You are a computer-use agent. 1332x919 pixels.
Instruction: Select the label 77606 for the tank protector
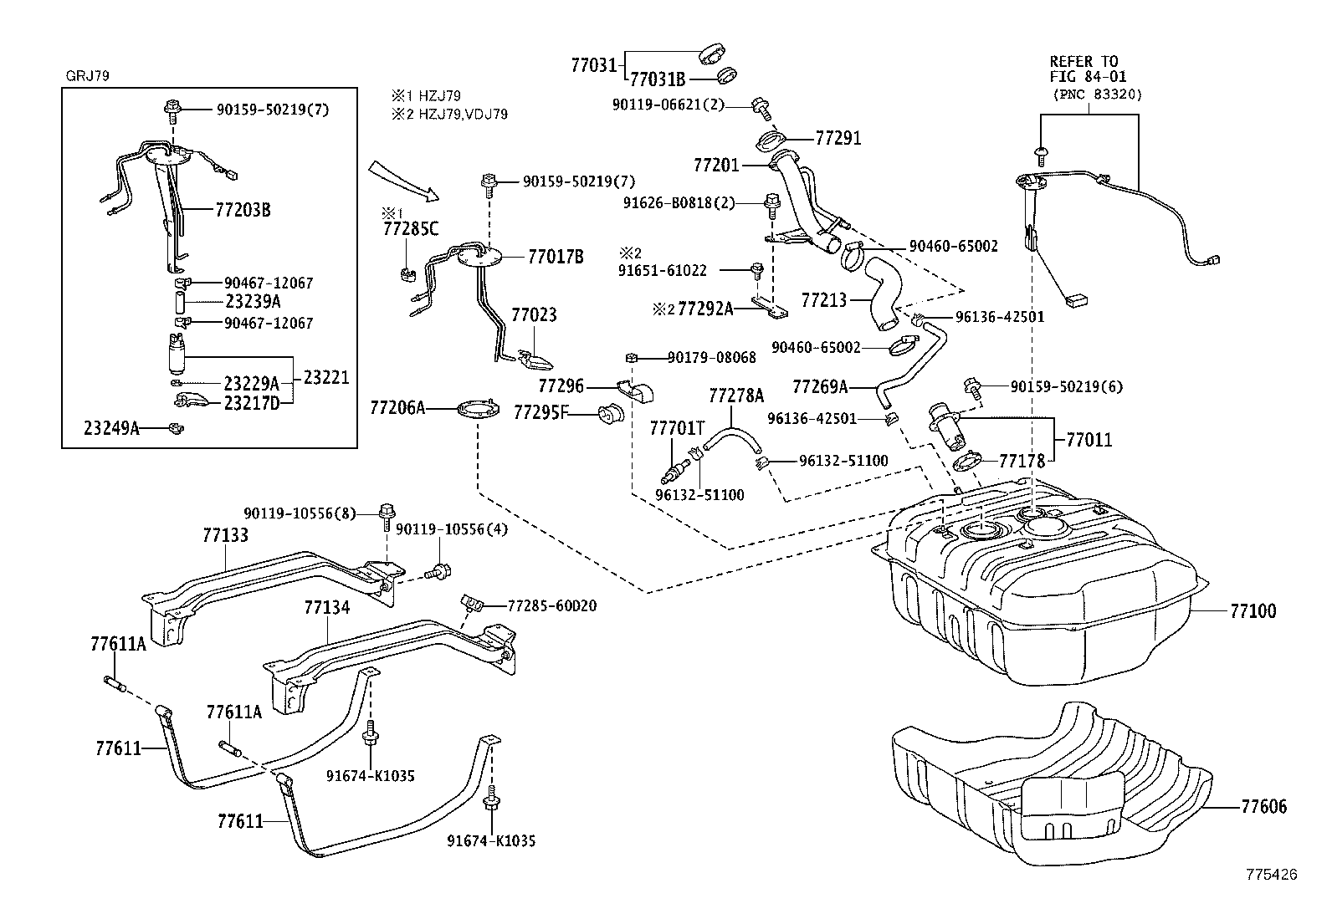click(1263, 807)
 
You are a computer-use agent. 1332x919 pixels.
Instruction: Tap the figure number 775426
click(1271, 875)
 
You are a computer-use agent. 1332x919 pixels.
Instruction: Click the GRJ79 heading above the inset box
click(87, 75)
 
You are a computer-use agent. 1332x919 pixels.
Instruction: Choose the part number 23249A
click(110, 428)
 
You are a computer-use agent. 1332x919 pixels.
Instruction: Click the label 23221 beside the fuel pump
click(325, 378)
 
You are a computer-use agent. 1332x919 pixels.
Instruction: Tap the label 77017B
click(555, 257)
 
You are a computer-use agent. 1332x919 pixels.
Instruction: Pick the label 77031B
click(657, 79)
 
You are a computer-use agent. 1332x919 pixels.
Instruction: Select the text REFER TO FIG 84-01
click(1084, 68)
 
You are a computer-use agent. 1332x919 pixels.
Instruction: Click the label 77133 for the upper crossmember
click(225, 534)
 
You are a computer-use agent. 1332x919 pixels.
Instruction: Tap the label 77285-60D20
click(552, 605)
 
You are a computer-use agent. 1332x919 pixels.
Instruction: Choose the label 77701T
click(677, 428)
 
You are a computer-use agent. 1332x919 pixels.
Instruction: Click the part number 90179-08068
click(711, 358)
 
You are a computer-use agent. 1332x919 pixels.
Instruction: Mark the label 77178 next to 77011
click(1022, 461)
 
